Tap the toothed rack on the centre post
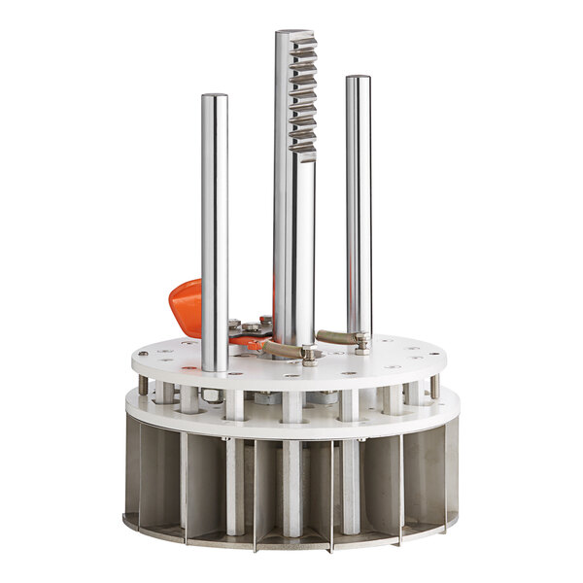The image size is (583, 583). pyautogui.click(x=303, y=92)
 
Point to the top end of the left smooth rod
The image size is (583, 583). pyautogui.click(x=215, y=97)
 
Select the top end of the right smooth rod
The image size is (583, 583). pyautogui.click(x=358, y=80)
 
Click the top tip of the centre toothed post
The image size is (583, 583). pyautogui.click(x=294, y=33)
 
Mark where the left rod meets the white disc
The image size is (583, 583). pyautogui.click(x=215, y=367)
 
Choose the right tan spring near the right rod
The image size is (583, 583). pyautogui.click(x=335, y=337)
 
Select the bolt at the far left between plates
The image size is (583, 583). pyautogui.click(x=144, y=386)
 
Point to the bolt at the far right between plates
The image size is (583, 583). pyautogui.click(x=434, y=386)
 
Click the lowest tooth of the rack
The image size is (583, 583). pyautogui.click(x=305, y=146)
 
